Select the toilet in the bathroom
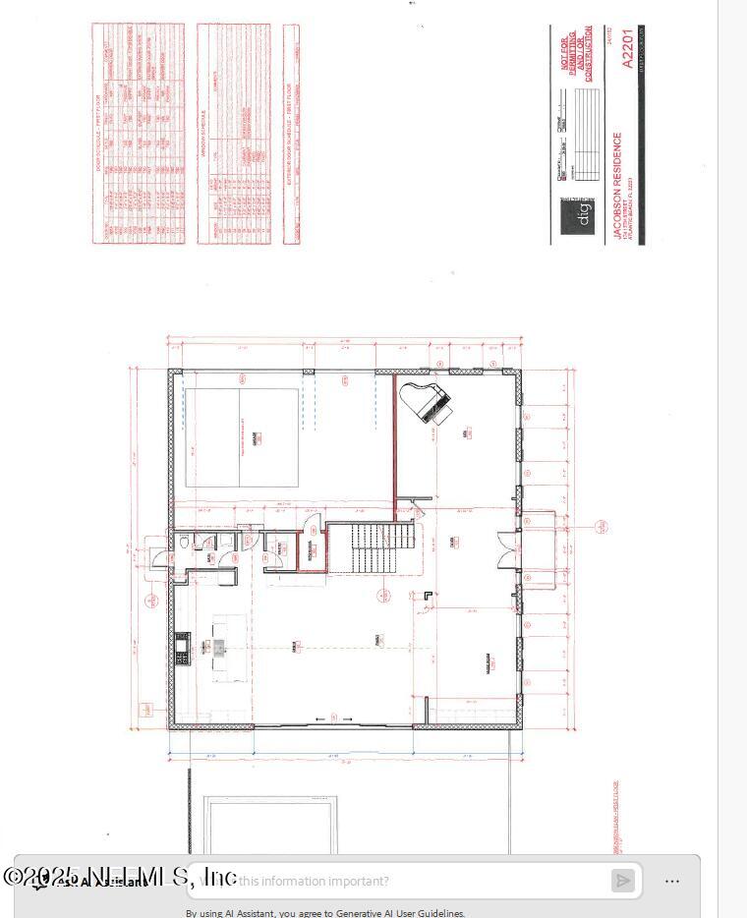tap(186, 544)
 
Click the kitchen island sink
tap(219, 647)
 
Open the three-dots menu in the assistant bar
tap(672, 881)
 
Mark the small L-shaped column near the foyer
tap(428, 594)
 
